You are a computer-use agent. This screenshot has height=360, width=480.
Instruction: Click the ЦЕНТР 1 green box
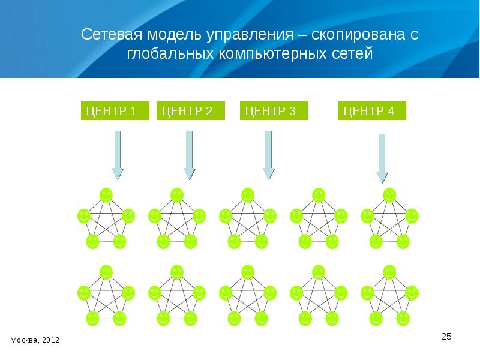click(115, 111)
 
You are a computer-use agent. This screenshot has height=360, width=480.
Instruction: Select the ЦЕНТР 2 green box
click(191, 111)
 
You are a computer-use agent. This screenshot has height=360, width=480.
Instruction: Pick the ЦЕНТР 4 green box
click(373, 111)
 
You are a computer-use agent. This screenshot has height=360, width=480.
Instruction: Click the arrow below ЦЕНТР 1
click(117, 155)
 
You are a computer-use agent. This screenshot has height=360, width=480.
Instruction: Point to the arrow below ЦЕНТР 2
click(189, 155)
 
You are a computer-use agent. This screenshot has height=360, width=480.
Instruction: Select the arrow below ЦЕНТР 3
click(269, 155)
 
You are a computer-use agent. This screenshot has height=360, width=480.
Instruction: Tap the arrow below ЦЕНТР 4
click(382, 158)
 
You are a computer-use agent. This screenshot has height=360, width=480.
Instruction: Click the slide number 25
click(446, 336)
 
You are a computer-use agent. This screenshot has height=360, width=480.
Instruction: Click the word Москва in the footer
click(22, 340)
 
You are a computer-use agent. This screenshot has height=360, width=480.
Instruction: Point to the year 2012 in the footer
click(50, 340)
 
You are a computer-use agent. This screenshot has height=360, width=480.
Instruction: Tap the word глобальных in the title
click(163, 55)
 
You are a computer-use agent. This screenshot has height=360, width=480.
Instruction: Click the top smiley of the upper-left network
click(106, 194)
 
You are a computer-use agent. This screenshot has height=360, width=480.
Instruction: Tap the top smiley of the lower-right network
click(389, 272)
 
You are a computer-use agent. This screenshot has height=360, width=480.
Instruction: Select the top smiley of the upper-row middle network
click(248, 194)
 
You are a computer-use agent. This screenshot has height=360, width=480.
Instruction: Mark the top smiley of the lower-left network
click(106, 272)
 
